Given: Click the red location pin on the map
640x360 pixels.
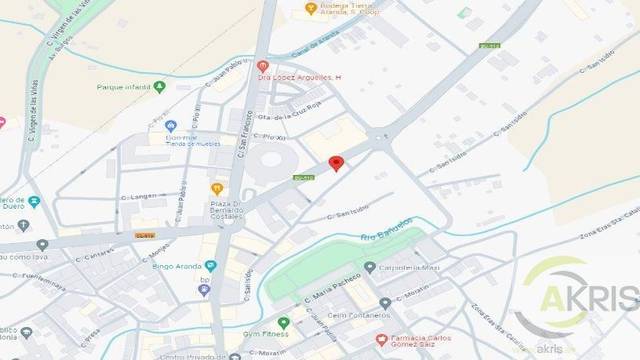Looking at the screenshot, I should point(336,164).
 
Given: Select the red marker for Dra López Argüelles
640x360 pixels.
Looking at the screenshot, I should point(262,66).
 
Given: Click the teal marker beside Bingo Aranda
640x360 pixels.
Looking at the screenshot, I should point(210,266).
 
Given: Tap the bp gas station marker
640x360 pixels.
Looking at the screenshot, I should point(204,290).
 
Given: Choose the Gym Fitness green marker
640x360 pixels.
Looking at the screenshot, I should point(284,323).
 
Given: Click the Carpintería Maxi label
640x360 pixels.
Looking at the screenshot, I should point(410,267).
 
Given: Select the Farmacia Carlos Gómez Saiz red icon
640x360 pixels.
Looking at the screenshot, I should point(381,340).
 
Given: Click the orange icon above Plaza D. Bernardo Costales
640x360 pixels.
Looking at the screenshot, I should point(217,188).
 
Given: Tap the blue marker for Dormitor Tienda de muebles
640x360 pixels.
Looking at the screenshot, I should point(171,126).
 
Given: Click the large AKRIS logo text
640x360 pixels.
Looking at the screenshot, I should point(589,297).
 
